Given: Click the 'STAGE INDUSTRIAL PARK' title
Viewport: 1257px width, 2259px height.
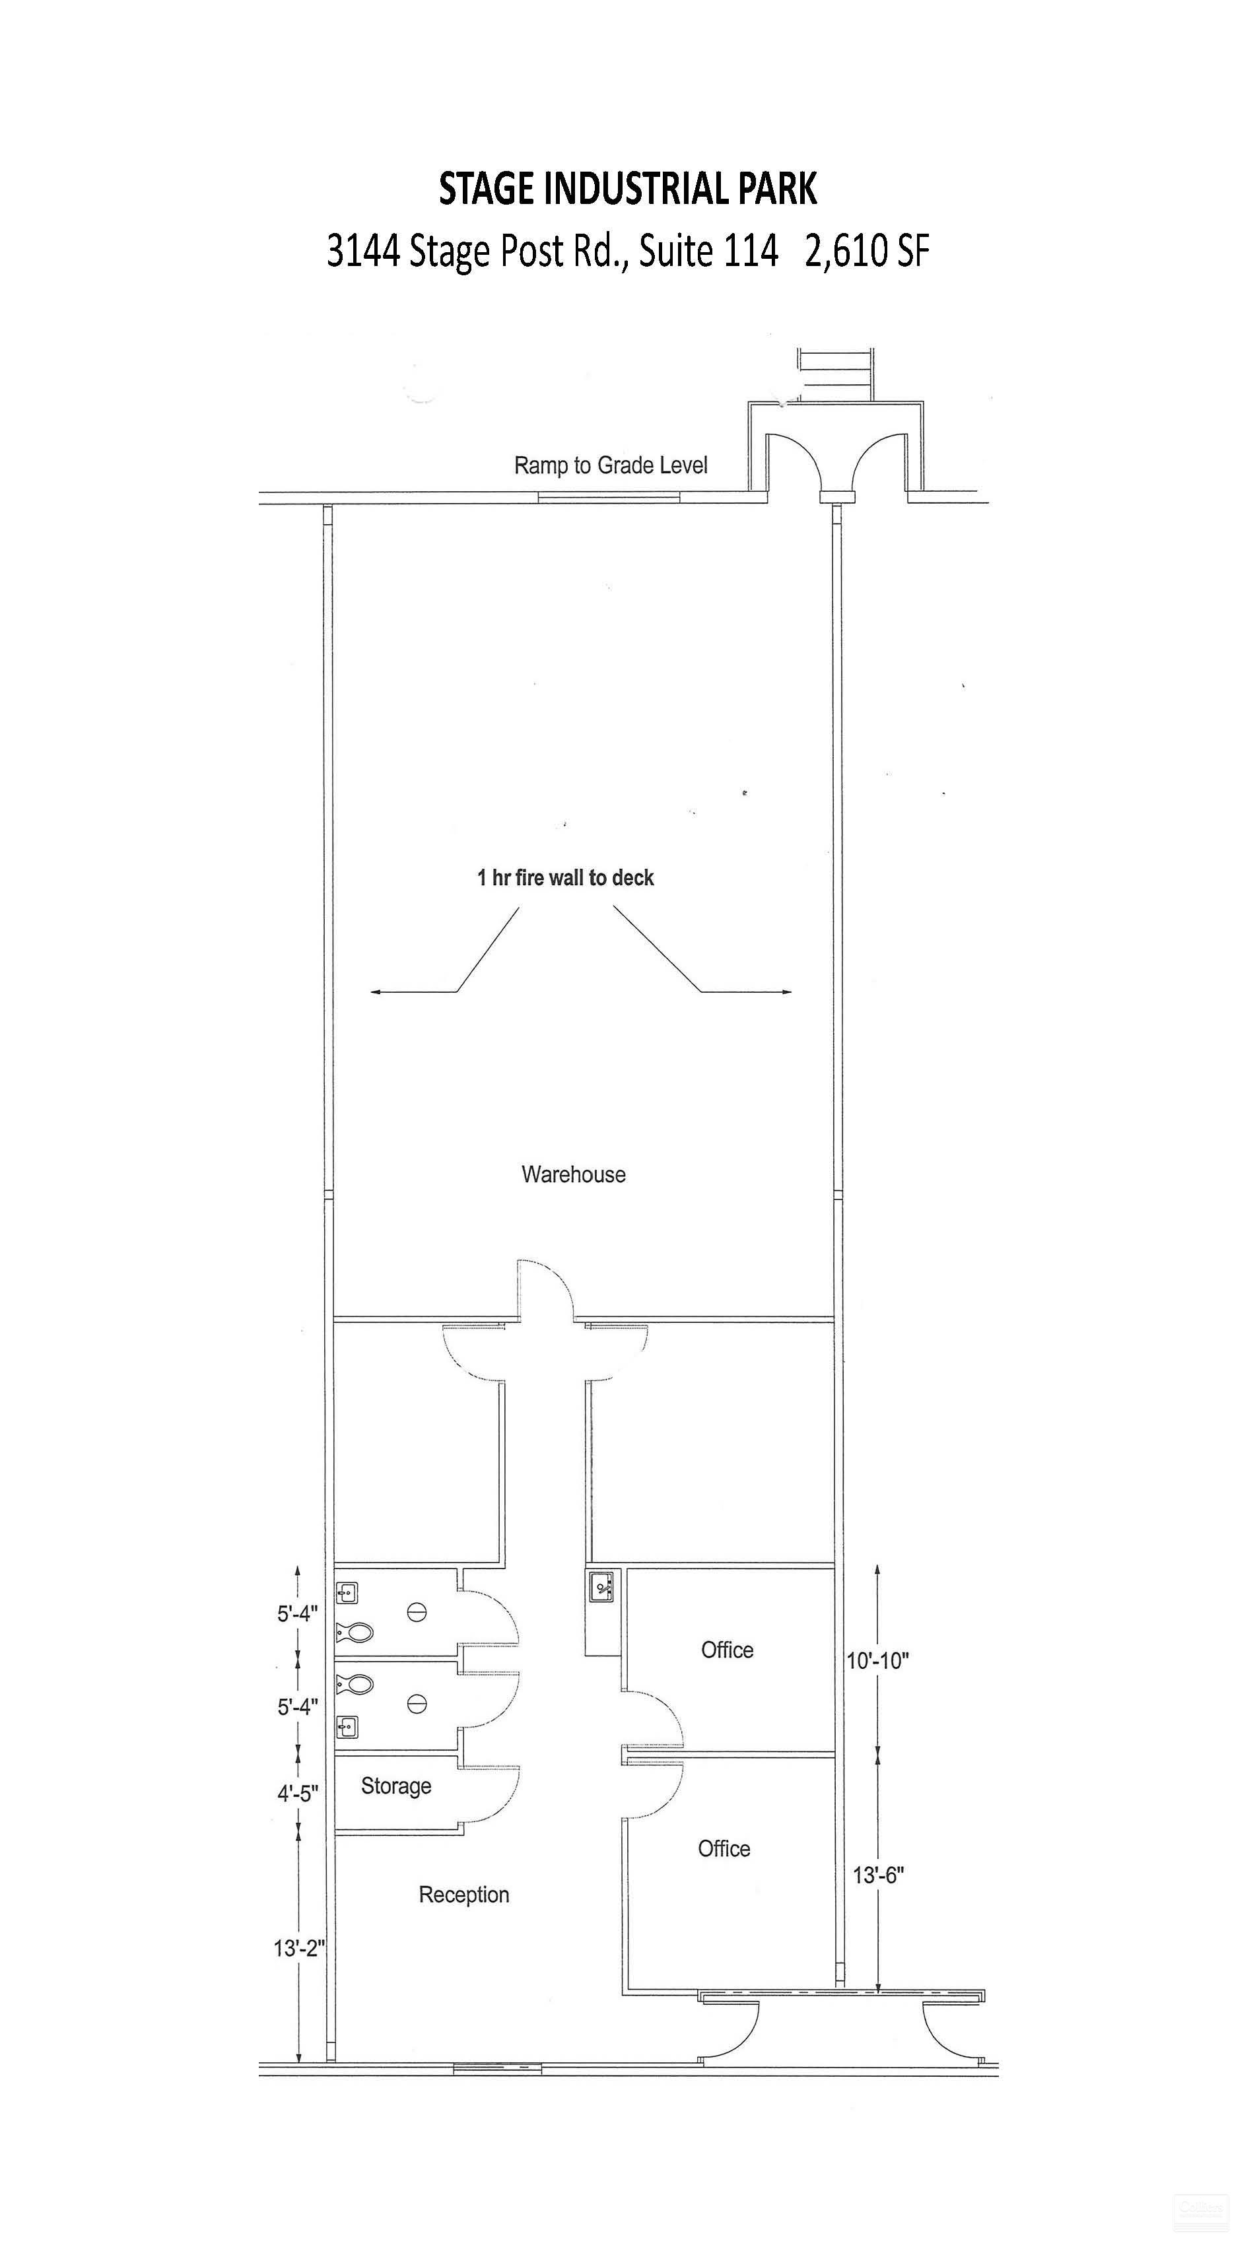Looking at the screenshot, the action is click(628, 189).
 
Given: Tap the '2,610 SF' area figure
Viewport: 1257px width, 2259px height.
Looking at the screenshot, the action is click(867, 252).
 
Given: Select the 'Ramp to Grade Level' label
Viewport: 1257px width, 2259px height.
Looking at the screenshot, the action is click(611, 465).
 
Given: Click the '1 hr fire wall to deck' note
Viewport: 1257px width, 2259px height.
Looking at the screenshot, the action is click(566, 878).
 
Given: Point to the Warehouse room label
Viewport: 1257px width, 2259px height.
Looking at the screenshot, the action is click(574, 1174).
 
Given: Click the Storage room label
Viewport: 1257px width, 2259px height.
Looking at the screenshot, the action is click(397, 1786).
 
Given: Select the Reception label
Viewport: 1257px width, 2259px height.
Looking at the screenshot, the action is click(464, 1894).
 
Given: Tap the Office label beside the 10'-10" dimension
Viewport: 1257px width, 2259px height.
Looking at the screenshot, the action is click(727, 1650).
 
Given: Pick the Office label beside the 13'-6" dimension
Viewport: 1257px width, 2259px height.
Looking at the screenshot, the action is click(724, 1848).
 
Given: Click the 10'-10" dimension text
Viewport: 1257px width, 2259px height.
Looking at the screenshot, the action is click(877, 1660).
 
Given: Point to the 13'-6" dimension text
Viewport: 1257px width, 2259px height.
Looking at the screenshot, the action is click(879, 1875).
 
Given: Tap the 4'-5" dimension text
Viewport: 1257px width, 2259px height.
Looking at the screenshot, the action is click(297, 1794).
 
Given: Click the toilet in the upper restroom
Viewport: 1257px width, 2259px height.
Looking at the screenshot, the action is click(355, 1633).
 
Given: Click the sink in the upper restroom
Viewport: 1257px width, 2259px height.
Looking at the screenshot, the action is click(347, 1592).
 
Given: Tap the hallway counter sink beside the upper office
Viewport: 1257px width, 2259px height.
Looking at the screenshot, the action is click(601, 1586).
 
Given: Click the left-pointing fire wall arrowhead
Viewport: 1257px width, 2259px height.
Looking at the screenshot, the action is click(374, 992).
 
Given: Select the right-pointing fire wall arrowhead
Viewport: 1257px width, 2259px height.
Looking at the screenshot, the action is click(787, 992).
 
